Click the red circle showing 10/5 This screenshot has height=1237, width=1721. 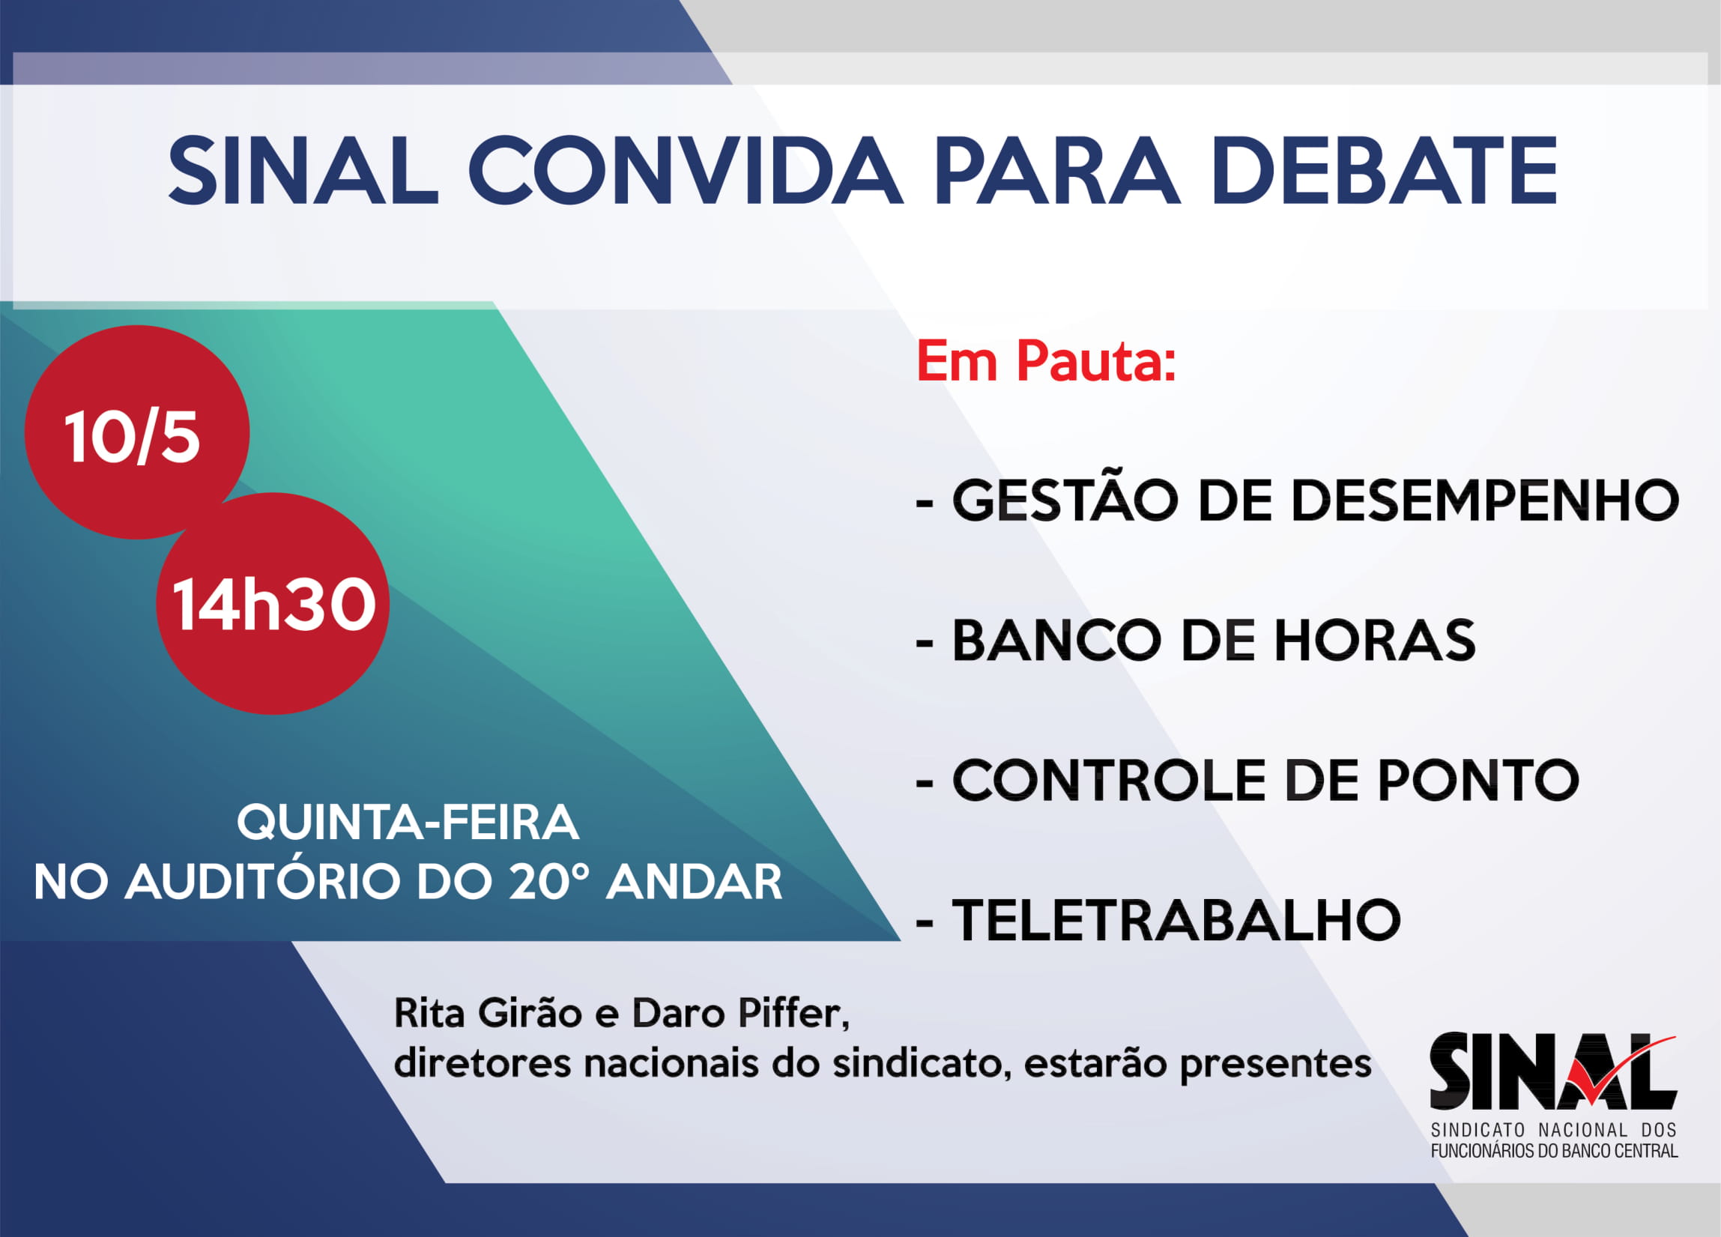[136, 432]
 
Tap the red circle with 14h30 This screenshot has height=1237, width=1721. [273, 603]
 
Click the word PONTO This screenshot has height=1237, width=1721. [1478, 780]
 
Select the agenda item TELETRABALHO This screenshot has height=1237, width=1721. [1176, 921]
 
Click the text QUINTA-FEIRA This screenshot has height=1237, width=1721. [408, 823]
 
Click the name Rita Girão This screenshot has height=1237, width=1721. [488, 1013]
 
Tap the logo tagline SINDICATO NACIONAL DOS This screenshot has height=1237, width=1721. [1553, 1130]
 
